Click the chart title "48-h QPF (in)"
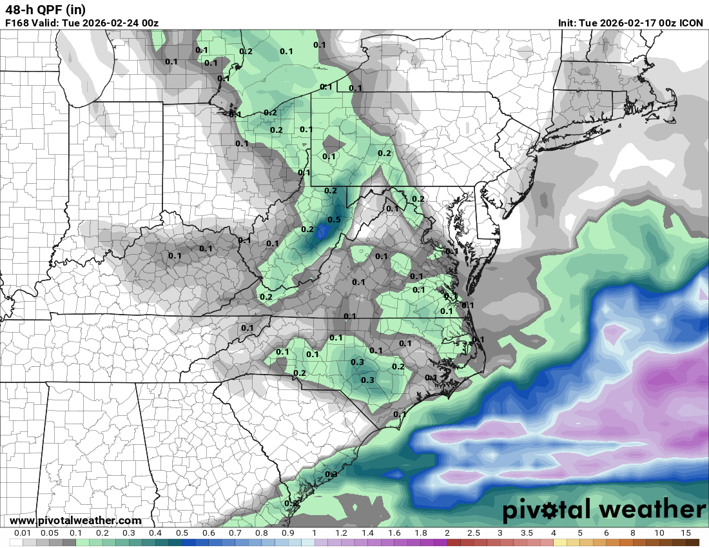45,10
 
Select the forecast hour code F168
17,23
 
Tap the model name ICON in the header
691,23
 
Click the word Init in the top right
568,23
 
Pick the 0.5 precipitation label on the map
334,220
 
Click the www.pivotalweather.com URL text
75,520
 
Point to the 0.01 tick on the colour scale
23,533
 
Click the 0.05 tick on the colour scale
49,533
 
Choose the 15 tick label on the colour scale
685,533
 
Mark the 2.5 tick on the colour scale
474,533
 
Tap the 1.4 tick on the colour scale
367,533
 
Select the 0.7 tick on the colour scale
235,533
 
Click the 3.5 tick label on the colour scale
527,533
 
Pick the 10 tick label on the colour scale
659,533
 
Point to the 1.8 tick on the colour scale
420,533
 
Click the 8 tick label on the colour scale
632,533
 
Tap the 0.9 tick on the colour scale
287,533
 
